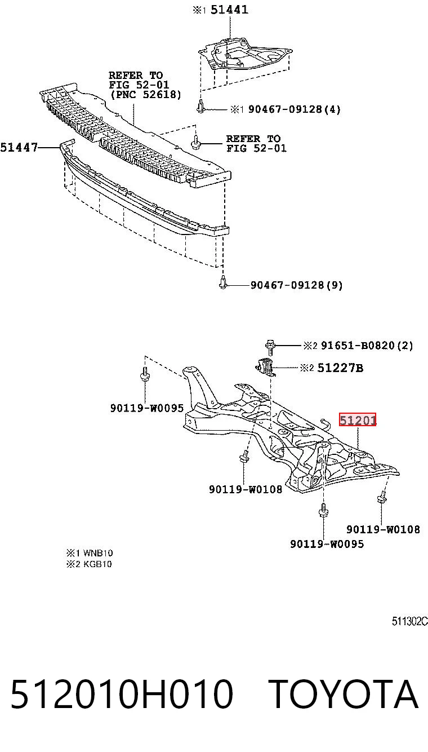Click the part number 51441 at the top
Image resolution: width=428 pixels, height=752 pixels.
(x=229, y=10)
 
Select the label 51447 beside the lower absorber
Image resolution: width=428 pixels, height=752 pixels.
(x=19, y=147)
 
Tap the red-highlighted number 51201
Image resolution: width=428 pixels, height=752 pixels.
(x=358, y=419)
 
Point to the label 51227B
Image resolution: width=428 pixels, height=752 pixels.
(x=340, y=368)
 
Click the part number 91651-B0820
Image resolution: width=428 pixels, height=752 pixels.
(x=358, y=346)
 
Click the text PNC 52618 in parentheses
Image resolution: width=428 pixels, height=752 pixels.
(x=146, y=94)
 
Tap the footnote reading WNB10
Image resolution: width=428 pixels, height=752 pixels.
(x=98, y=553)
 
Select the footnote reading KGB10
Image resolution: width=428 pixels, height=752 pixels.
(x=97, y=564)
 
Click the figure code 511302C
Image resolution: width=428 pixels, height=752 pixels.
(x=410, y=621)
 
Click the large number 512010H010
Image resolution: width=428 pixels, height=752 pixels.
(x=122, y=694)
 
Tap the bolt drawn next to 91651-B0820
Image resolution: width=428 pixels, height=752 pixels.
(x=270, y=347)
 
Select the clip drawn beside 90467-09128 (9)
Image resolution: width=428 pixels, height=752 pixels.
(x=222, y=282)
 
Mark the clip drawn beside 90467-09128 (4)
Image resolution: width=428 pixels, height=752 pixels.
(x=200, y=106)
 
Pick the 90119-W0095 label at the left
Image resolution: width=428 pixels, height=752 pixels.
(x=147, y=408)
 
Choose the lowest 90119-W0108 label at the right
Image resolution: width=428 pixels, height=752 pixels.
(x=383, y=529)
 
